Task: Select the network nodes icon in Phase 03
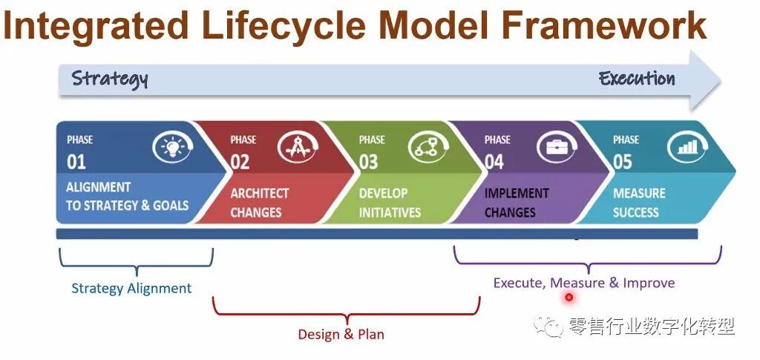tap(427, 148)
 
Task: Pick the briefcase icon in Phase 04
tap(557, 147)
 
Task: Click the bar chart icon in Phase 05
tap(687, 147)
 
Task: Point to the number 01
tap(76, 161)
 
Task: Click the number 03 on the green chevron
tap(369, 161)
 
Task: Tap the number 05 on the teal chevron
tap(623, 161)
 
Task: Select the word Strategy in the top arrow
tap(110, 79)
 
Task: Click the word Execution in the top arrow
tap(637, 79)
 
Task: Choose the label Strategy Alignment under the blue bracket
tap(131, 288)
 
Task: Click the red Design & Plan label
tap(341, 334)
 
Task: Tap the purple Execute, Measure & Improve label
tap(584, 283)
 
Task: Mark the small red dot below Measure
tap(569, 298)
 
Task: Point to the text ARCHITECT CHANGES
tap(259, 203)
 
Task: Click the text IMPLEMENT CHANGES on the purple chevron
tap(518, 203)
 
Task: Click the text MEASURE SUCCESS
tap(639, 203)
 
